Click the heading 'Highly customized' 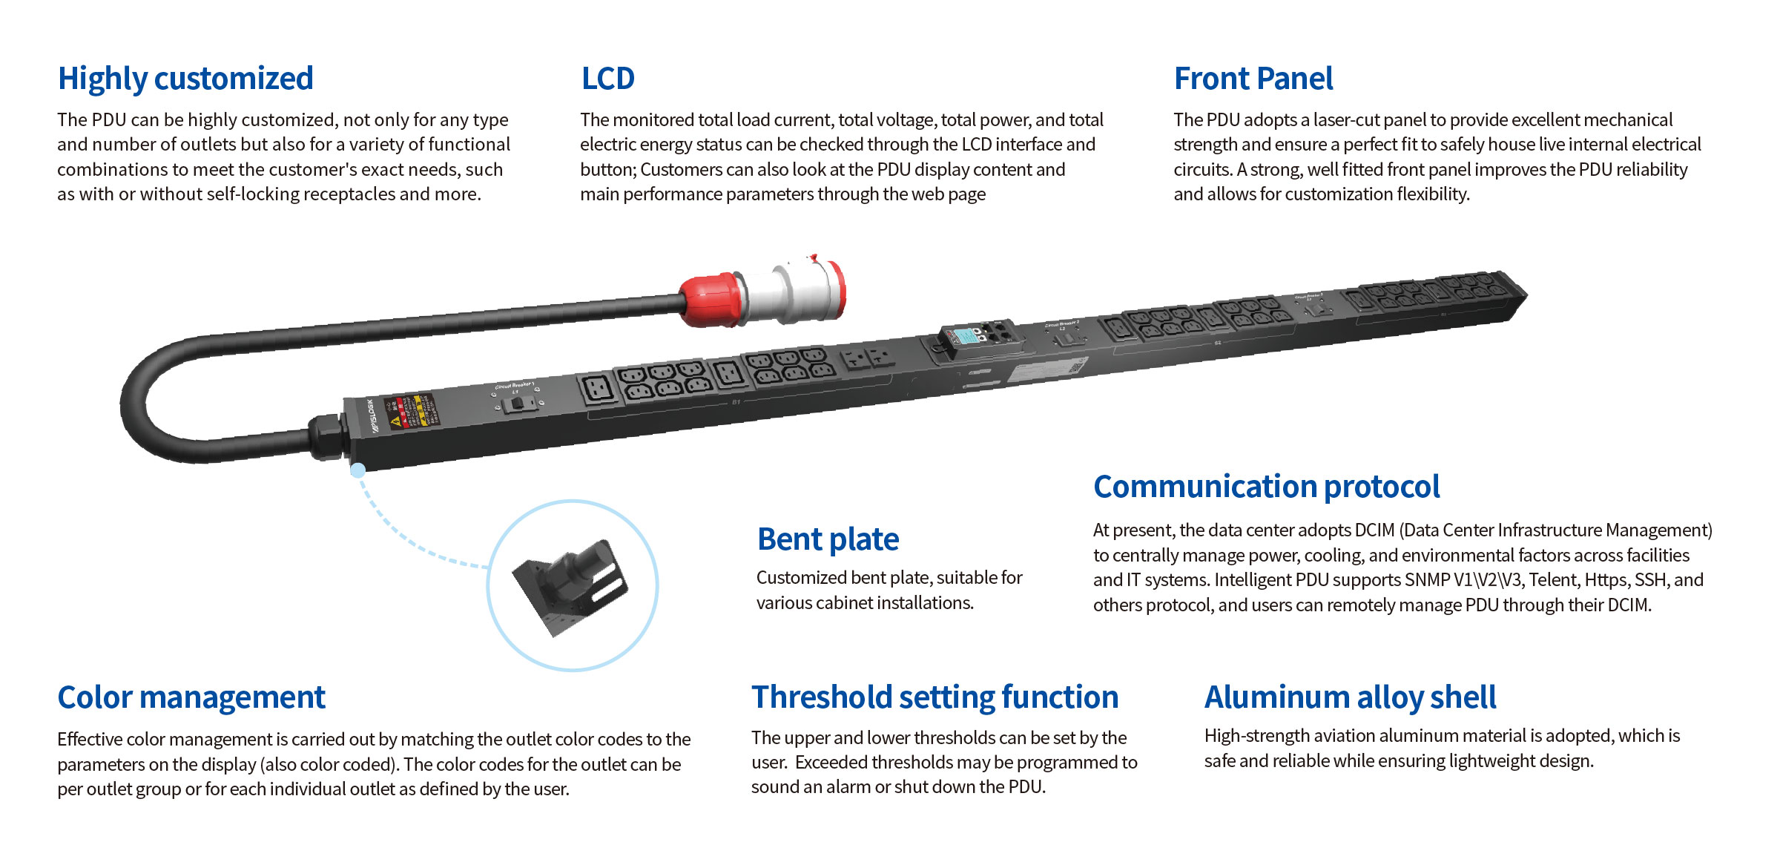click(x=185, y=79)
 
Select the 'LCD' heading click(x=607, y=79)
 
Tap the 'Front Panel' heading click(x=1253, y=79)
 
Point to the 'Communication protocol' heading click(x=1266, y=487)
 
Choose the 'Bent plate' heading click(x=828, y=539)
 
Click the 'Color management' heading click(x=191, y=697)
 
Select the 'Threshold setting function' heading click(x=934, y=697)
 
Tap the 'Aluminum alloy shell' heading click(x=1350, y=697)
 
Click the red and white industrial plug click(x=764, y=292)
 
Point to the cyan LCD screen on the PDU click(x=965, y=336)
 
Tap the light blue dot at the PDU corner click(x=357, y=470)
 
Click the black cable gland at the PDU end click(x=326, y=435)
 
